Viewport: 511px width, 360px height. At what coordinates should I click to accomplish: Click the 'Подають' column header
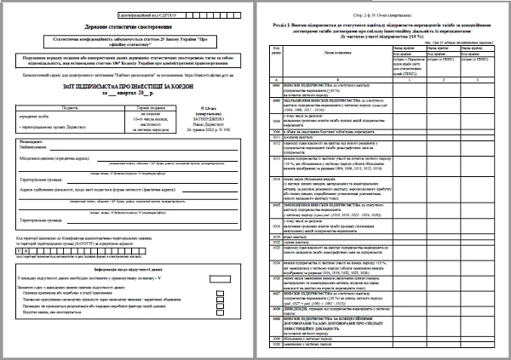pyautogui.click(x=50, y=108)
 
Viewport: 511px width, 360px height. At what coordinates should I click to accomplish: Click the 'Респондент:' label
pyautogui.click(x=32, y=142)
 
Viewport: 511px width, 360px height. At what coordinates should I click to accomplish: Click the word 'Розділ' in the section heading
pyautogui.click(x=277, y=26)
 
